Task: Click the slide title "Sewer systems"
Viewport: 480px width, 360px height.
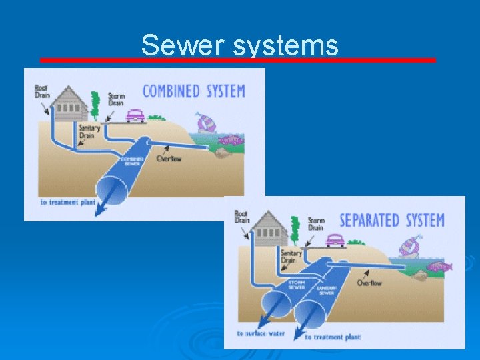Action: (x=240, y=45)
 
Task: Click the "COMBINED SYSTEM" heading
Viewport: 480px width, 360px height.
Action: (x=193, y=91)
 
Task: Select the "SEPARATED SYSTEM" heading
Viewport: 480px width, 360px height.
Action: (x=392, y=220)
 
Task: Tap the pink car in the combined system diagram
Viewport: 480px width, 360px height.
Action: (x=135, y=115)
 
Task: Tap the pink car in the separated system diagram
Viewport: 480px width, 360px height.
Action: (x=335, y=241)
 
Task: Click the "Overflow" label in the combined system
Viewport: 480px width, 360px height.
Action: (x=169, y=159)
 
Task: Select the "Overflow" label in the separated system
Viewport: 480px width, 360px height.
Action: (x=369, y=283)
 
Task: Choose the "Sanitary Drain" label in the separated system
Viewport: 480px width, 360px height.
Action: (x=291, y=257)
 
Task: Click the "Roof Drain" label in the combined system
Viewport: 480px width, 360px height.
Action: (x=42, y=92)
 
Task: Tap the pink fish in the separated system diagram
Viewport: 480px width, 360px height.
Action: (x=439, y=267)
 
